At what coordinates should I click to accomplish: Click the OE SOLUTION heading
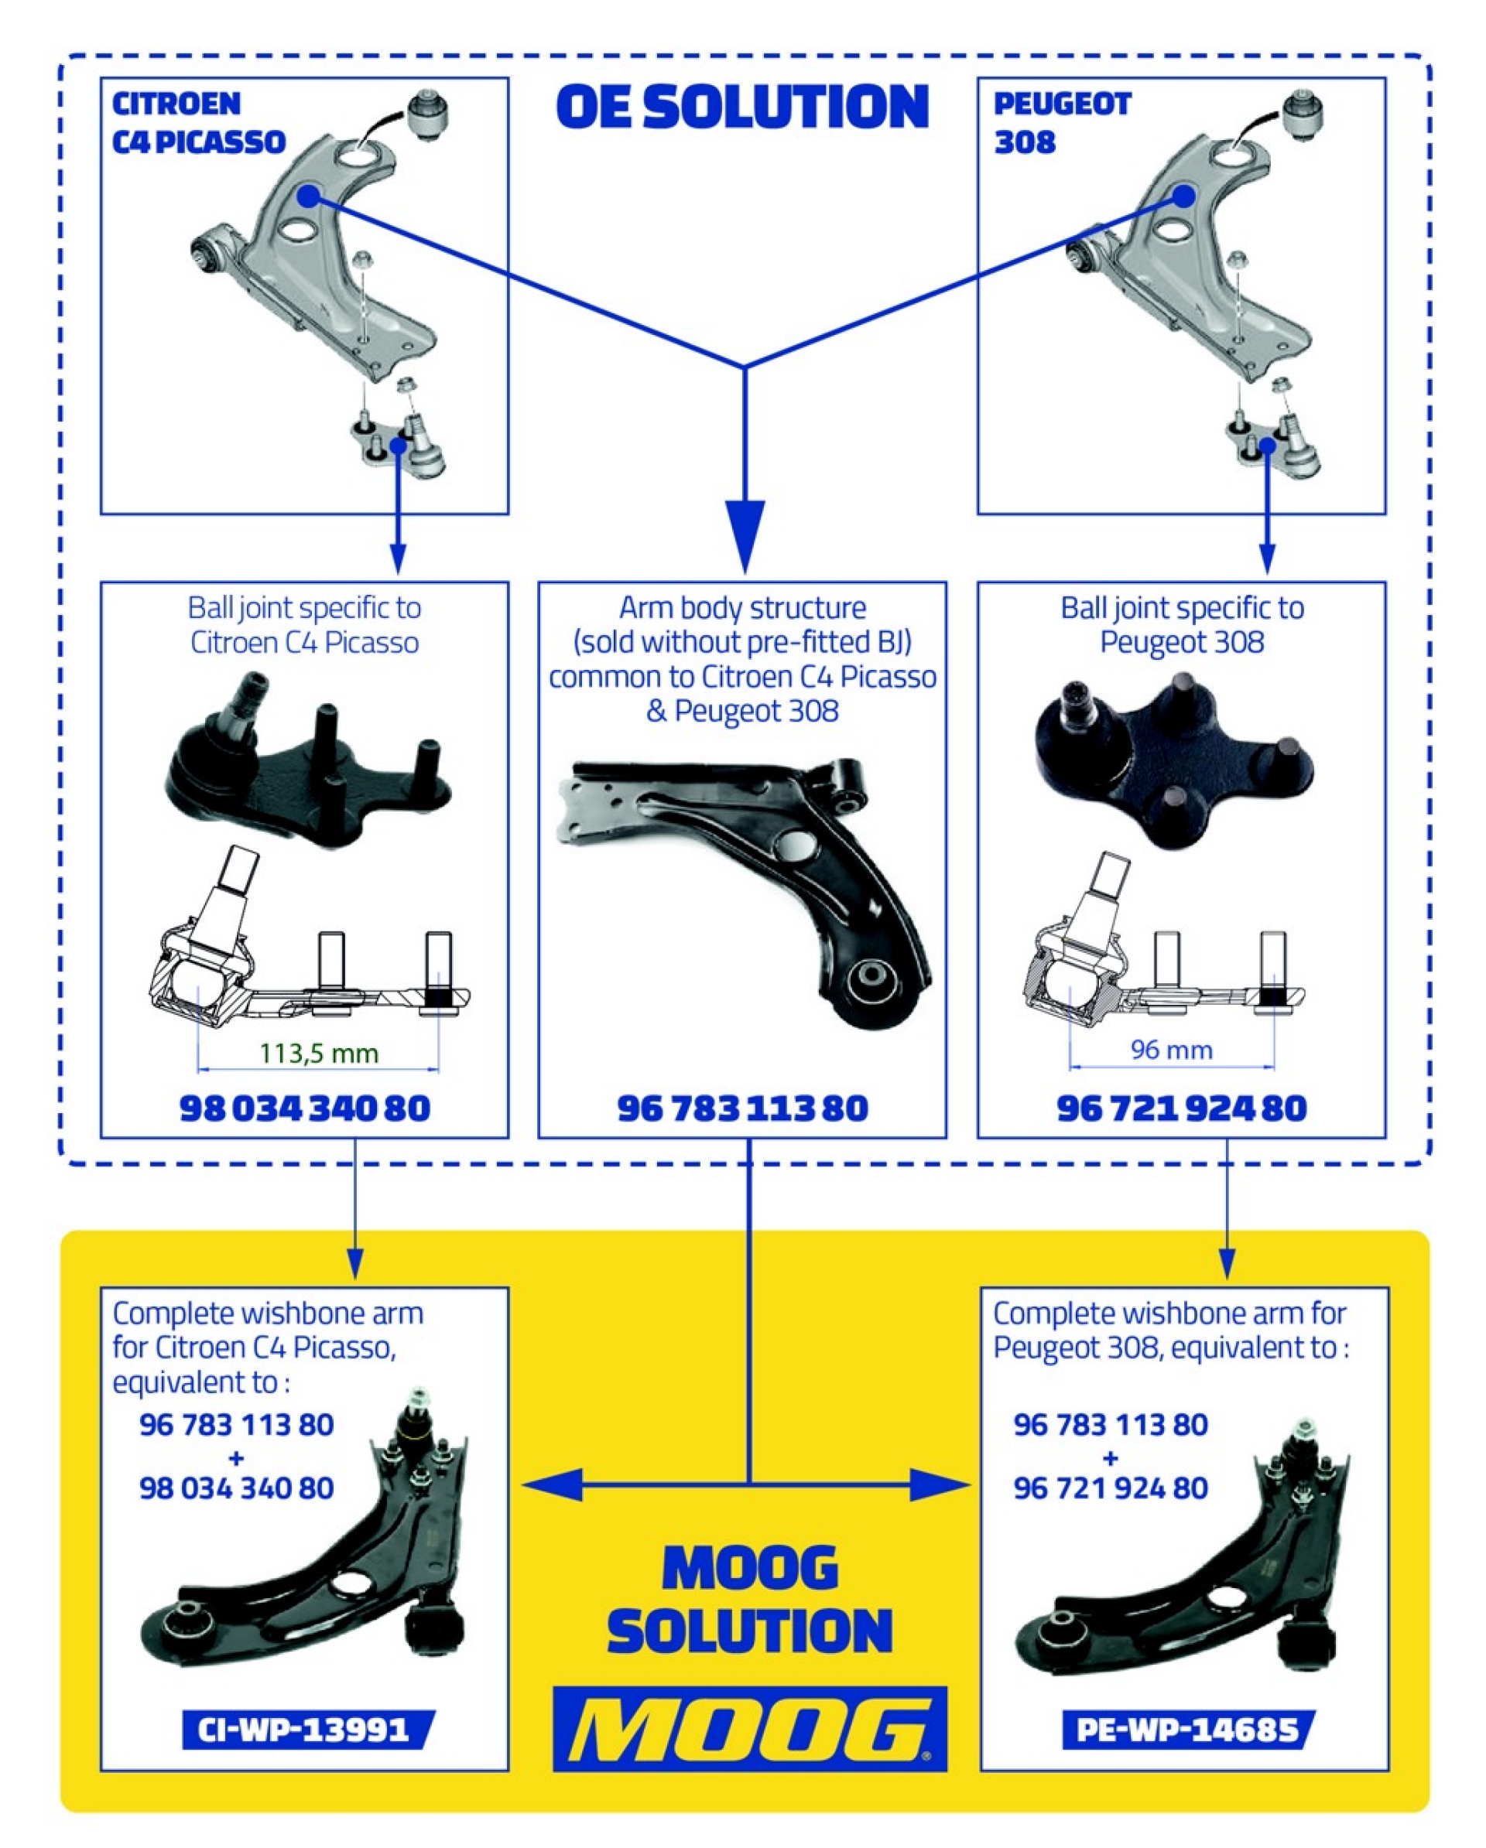tap(742, 108)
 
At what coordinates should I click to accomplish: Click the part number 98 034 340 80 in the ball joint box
tap(304, 1108)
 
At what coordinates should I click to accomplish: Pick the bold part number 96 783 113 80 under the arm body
tap(742, 1108)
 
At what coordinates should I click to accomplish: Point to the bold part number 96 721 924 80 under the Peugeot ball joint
tap(1182, 1108)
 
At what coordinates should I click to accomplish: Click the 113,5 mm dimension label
tap(318, 1054)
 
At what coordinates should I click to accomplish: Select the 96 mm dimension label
tap(1171, 1050)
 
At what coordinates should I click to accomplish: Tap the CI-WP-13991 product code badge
tap(306, 1730)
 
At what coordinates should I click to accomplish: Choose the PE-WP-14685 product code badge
tap(1186, 1730)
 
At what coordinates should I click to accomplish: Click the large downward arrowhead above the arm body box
tap(745, 536)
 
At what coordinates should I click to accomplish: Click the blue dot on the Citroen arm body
tap(308, 196)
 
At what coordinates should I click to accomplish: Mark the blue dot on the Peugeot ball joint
tap(1267, 446)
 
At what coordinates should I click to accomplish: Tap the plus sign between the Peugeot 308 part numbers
tap(1111, 1457)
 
